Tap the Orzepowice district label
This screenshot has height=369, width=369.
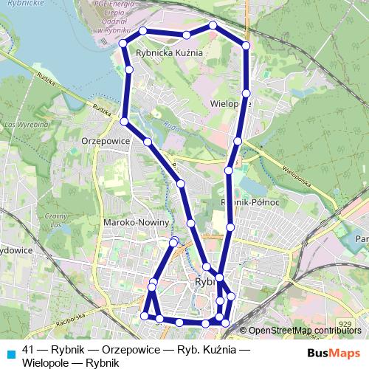pos(106,139)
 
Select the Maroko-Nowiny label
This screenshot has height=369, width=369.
pos(137,222)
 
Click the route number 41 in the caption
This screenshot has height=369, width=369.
pos(28,348)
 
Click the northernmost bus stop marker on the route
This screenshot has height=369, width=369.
pos(213,26)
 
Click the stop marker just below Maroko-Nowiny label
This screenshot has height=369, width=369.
pos(173,242)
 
